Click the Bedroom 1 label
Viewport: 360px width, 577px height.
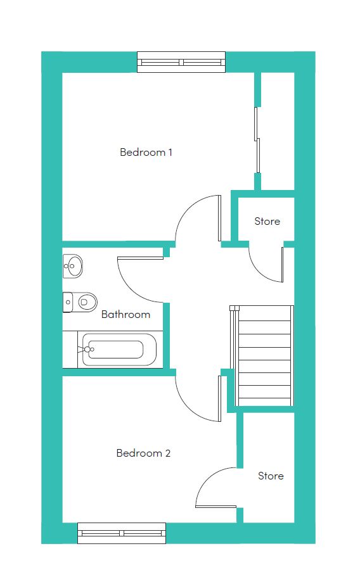point(146,152)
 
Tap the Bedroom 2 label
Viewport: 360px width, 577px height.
point(143,453)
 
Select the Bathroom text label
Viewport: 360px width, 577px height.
point(125,314)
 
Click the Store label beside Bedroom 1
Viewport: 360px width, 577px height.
point(267,221)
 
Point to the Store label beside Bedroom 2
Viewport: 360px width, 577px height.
point(271,476)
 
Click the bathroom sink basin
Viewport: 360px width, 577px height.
point(73,265)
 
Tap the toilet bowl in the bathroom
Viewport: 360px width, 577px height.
point(87,303)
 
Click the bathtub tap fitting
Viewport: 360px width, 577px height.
point(87,349)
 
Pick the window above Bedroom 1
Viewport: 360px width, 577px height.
point(181,62)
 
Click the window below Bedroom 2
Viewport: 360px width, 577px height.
point(122,533)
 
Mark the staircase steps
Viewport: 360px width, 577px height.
point(264,356)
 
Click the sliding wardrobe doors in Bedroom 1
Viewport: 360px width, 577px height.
point(257,140)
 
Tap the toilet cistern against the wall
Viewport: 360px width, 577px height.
point(67,303)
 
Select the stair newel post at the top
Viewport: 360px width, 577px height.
point(233,308)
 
